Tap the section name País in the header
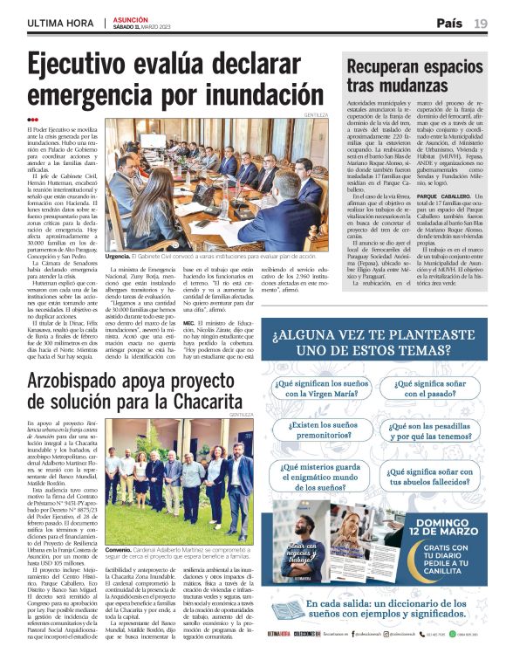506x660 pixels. click(449, 24)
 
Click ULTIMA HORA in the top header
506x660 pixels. click(60, 24)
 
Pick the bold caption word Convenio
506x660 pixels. click(119, 550)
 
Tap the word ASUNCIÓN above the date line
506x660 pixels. click(131, 18)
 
